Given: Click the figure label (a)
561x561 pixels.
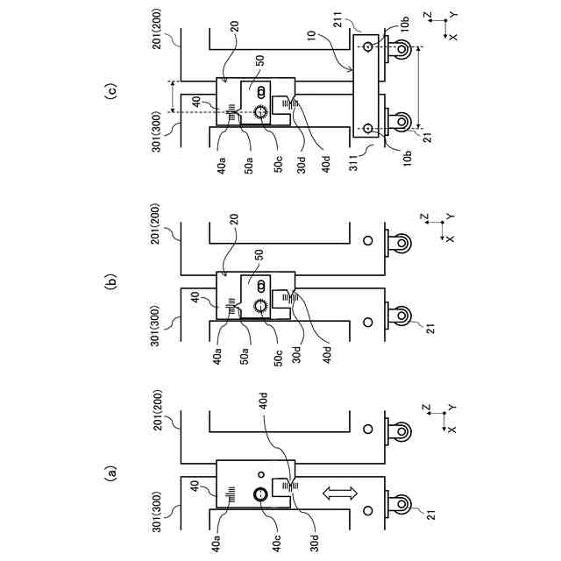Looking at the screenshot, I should [110, 473].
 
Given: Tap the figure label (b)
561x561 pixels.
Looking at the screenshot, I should [110, 282].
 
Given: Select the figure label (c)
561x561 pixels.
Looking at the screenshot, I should [110, 91].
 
